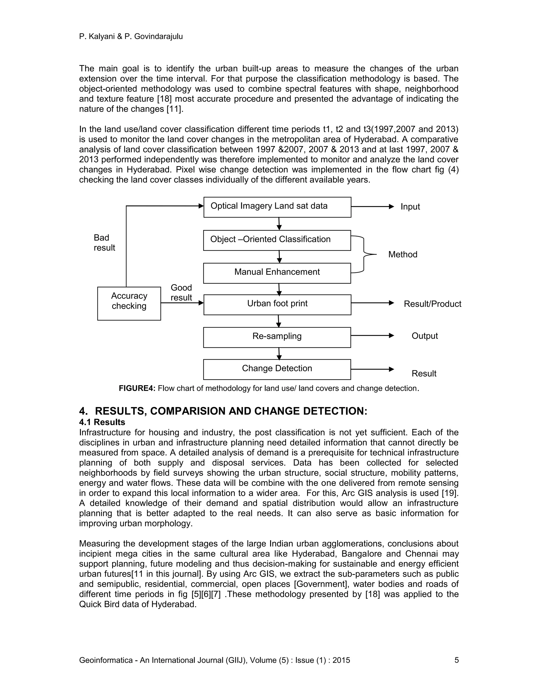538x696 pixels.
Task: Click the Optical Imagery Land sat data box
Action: [277, 207]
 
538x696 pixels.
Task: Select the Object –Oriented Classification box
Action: [277, 240]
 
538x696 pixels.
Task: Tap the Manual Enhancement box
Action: [277, 273]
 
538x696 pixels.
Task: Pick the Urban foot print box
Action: [277, 305]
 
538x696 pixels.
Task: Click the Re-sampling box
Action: [277, 337]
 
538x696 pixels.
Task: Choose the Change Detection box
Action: [277, 369]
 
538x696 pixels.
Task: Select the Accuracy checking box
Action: [129, 303]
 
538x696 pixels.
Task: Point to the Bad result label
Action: [104, 242]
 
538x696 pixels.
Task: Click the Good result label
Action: [181, 292]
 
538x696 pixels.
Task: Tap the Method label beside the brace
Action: [402, 254]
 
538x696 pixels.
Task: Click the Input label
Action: [410, 206]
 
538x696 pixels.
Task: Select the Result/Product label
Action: [432, 304]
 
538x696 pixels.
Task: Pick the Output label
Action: [425, 336]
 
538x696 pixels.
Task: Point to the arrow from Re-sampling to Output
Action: [372, 336]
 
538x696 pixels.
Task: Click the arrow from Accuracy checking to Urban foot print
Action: [182, 303]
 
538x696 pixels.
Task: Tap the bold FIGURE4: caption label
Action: [137, 388]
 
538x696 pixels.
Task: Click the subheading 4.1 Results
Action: [102, 422]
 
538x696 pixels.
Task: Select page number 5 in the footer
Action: [456, 660]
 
